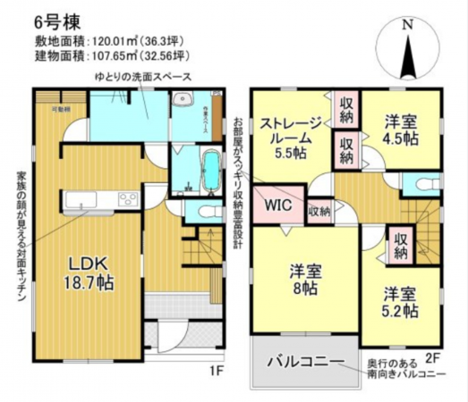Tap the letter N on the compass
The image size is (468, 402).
406,26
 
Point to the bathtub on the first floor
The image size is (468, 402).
211,169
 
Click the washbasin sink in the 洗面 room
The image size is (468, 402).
183,100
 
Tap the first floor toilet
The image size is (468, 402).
207,212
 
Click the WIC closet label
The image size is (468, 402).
277,205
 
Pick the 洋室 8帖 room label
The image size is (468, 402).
305,278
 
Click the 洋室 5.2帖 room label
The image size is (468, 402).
398,301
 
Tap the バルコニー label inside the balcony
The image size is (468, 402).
304,363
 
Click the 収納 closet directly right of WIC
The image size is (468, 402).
319,212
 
